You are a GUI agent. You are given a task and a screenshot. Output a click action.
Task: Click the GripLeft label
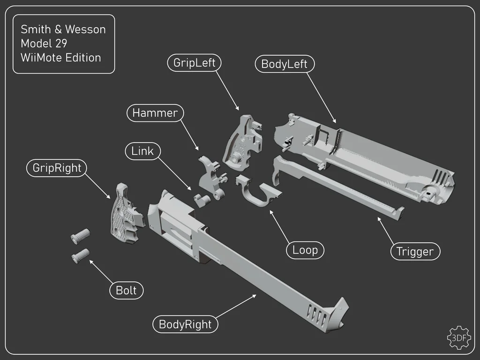point(194,63)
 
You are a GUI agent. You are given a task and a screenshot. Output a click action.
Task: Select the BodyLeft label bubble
point(284,64)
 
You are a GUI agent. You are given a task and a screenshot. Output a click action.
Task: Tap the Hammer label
point(155,113)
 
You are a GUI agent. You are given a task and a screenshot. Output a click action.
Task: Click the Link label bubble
point(142,151)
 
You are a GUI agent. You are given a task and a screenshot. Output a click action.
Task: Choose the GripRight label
point(57,168)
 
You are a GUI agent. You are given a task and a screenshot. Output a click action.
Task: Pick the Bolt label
point(126,290)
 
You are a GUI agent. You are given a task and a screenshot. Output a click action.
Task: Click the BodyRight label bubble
point(185,324)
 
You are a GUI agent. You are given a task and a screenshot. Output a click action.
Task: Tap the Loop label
point(305,250)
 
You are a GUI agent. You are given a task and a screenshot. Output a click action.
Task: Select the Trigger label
point(415,252)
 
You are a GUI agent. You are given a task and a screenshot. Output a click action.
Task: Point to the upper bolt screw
point(80,235)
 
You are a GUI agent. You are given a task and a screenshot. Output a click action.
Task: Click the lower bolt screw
point(80,255)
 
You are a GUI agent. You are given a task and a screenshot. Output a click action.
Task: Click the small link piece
point(202,200)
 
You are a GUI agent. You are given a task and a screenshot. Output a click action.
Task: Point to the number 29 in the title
point(61,44)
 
